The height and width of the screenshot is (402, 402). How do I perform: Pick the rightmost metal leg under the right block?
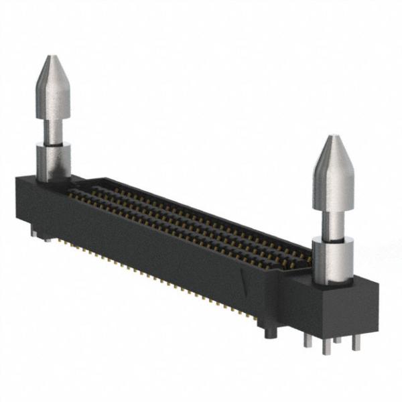(356, 341)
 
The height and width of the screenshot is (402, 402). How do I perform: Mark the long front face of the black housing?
(154, 248)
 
